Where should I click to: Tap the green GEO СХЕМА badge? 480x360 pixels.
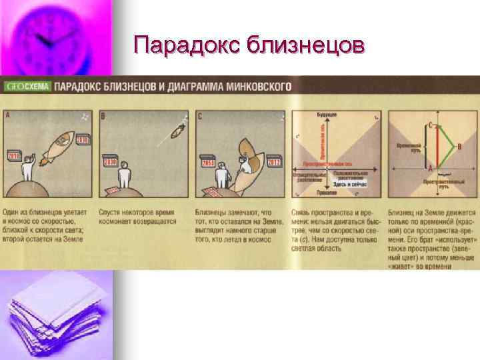pos(26,86)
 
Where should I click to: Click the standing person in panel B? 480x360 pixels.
pos(123,177)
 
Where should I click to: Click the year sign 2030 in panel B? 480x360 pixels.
pos(110,161)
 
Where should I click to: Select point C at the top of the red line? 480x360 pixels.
pos(431,125)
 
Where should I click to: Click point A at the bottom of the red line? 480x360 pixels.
pos(431,168)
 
